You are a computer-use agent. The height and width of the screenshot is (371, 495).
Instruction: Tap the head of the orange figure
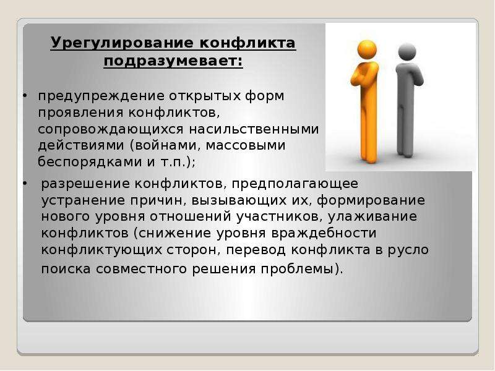click(x=367, y=50)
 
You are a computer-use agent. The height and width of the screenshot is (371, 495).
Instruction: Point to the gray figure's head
click(x=407, y=52)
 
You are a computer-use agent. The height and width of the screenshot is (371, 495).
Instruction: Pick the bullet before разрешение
click(x=25, y=183)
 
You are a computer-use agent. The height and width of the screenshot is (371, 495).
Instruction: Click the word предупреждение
click(x=101, y=96)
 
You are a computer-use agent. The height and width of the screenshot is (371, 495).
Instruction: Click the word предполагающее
click(x=295, y=184)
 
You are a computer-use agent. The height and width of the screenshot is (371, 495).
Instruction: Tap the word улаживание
click(x=372, y=217)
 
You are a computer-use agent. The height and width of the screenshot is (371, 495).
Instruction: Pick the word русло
click(x=408, y=250)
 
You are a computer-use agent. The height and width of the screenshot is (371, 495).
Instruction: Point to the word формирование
click(x=371, y=201)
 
